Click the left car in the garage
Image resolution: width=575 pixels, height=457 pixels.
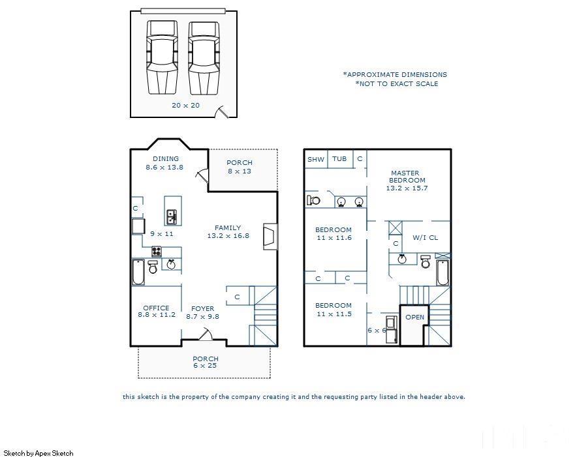coord(162,57)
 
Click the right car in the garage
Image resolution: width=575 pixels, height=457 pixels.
coord(204,57)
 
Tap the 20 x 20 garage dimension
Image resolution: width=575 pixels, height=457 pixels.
coord(185,106)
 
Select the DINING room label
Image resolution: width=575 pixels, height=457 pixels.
coord(166,159)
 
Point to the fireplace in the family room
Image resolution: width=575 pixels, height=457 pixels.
coord(270,237)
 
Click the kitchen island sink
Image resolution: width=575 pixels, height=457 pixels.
coord(172,216)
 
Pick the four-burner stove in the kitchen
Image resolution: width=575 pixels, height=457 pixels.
coord(157,252)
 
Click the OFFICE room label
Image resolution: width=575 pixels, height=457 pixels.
coord(156,308)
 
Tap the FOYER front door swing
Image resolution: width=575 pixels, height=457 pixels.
coord(206,334)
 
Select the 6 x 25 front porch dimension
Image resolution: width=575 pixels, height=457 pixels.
coord(205,366)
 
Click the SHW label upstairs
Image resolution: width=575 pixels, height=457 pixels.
coord(316,160)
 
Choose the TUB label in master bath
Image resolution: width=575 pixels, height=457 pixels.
coord(339,159)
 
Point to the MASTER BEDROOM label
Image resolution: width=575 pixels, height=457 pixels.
coord(407,177)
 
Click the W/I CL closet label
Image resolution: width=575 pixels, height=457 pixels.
coord(426,238)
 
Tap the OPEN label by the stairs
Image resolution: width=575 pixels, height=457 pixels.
coord(414,317)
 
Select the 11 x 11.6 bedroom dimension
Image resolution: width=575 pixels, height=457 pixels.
coord(334,238)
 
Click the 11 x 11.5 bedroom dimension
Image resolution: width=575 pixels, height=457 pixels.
coord(334,314)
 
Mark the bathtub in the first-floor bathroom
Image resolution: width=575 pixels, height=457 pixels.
coord(138,272)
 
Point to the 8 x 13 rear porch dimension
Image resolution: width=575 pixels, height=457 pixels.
coord(240,171)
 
